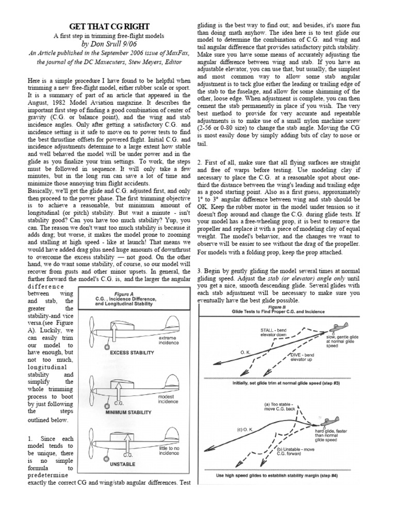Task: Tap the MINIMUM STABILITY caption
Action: tap(128, 413)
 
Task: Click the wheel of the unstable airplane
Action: tap(106, 459)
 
